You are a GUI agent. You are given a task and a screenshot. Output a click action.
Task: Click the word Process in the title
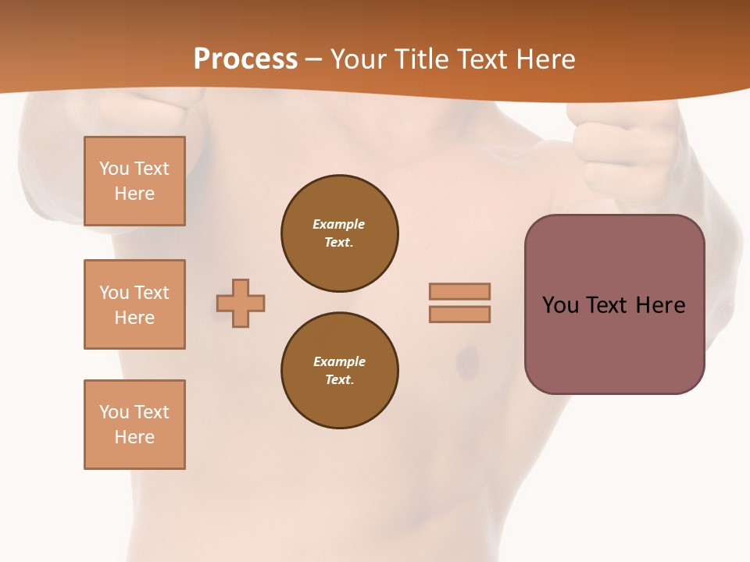coord(245,59)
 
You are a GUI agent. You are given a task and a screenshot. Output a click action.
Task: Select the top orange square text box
coord(134,181)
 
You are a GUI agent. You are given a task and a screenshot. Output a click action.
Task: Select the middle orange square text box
coord(134,304)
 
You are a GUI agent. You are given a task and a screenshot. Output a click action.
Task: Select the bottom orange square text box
coord(134,425)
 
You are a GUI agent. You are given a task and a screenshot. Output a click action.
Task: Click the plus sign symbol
coord(241,303)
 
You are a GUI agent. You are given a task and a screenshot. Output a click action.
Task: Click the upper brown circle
coord(339,233)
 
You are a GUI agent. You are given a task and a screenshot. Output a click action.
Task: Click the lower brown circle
coord(339,370)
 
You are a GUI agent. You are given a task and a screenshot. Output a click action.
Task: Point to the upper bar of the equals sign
coord(459,291)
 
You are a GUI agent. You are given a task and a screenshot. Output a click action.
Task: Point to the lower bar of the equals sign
coord(459,314)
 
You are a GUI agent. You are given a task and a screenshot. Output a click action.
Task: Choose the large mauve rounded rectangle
coord(614,343)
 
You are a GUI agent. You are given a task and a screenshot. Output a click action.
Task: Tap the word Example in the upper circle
coord(338,224)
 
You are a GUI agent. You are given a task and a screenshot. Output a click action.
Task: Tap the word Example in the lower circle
coord(338,361)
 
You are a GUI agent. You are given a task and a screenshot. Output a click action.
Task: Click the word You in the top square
coord(113,169)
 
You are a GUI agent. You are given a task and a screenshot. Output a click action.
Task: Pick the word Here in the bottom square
coord(134,437)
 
